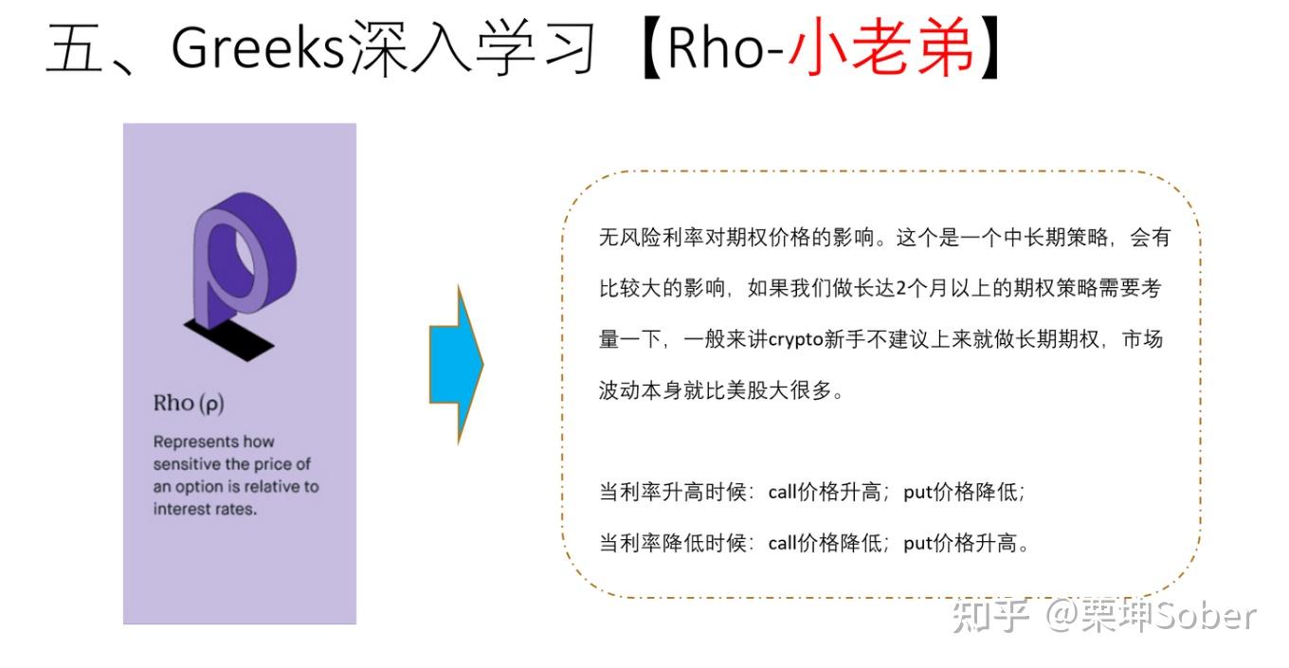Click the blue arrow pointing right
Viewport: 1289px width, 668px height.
[x=457, y=363]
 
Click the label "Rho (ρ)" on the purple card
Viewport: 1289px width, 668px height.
[x=189, y=403]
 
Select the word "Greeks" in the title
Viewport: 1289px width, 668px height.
[x=256, y=49]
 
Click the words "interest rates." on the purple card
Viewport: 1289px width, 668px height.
[x=206, y=509]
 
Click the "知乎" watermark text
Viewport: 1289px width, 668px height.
[x=990, y=617]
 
